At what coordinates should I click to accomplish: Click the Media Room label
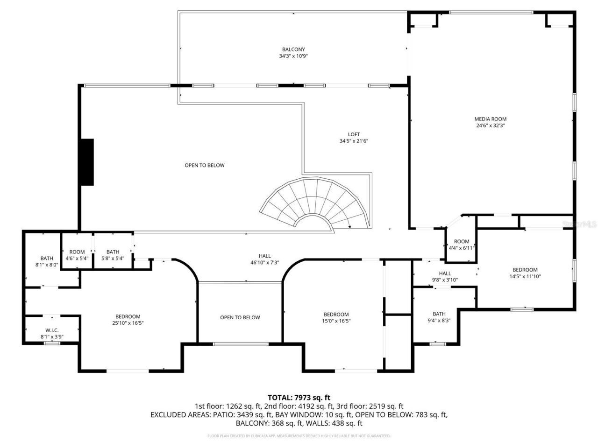[x=490, y=119]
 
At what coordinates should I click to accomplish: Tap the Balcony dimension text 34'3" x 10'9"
[x=293, y=56]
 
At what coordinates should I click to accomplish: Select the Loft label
[x=353, y=134]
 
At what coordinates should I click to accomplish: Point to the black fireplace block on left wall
[x=87, y=162]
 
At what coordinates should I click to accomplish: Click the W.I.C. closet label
[x=52, y=330]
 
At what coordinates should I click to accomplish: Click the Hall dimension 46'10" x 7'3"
[x=264, y=263]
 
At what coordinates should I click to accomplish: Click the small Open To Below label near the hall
[x=240, y=317]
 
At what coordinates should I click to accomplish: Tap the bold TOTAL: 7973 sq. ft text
[x=299, y=398]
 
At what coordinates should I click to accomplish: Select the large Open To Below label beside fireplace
[x=204, y=165]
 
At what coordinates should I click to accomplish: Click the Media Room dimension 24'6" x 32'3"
[x=490, y=126]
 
